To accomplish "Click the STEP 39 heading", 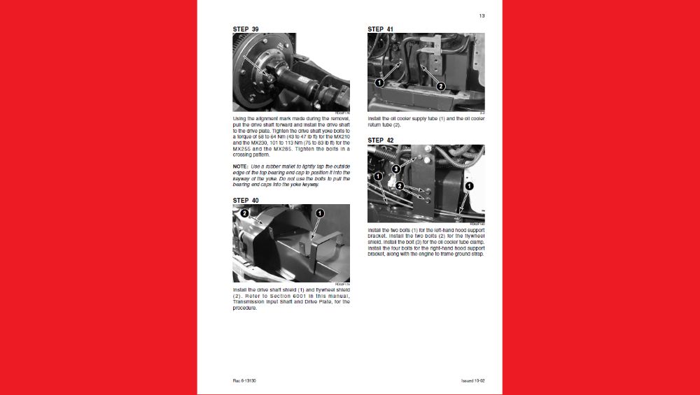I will [x=245, y=29].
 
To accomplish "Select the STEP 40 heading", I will [x=245, y=201].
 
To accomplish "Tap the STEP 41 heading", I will [x=380, y=29].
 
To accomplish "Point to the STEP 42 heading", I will [x=380, y=141].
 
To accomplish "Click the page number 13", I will [x=482, y=15].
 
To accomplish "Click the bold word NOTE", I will [x=240, y=166].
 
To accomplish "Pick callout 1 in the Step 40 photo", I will [x=319, y=213].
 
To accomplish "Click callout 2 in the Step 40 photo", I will [x=244, y=213].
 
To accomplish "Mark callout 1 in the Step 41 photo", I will [x=379, y=82].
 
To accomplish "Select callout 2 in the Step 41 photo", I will [x=440, y=86].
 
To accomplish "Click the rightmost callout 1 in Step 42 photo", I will [x=469, y=186].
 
